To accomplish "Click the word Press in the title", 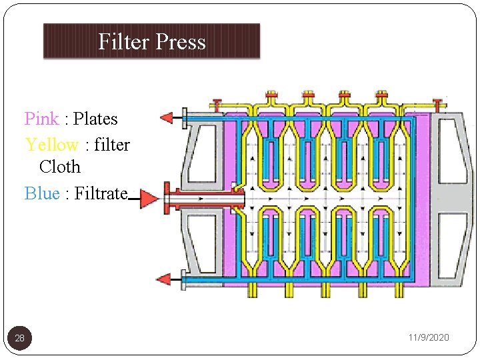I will pos(179,42).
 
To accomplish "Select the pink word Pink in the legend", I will pos(41,119).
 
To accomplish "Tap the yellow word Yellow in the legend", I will pos(51,144).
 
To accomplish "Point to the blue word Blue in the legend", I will pos(41,193).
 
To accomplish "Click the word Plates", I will pos(95,119).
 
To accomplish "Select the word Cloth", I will pos(60,167).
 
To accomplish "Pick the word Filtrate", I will pos(101,193).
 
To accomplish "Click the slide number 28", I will pos(20,339).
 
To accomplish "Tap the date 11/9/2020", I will pos(429,338).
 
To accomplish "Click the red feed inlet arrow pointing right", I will pos(149,199).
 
